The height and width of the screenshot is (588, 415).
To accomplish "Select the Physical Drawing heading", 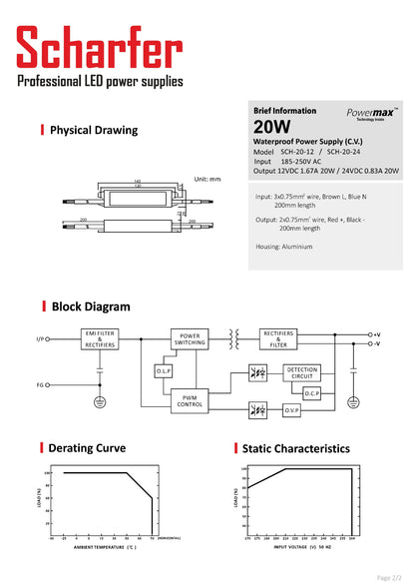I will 94,130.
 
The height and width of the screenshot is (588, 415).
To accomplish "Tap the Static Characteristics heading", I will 295,449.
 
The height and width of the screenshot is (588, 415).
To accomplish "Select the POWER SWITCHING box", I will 190,339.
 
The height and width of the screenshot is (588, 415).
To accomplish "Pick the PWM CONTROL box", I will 190,400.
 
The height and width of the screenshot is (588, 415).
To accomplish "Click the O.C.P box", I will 311,393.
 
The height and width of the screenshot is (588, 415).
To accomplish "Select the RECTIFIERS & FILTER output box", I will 278,339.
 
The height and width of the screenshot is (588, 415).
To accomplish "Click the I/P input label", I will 40,339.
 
